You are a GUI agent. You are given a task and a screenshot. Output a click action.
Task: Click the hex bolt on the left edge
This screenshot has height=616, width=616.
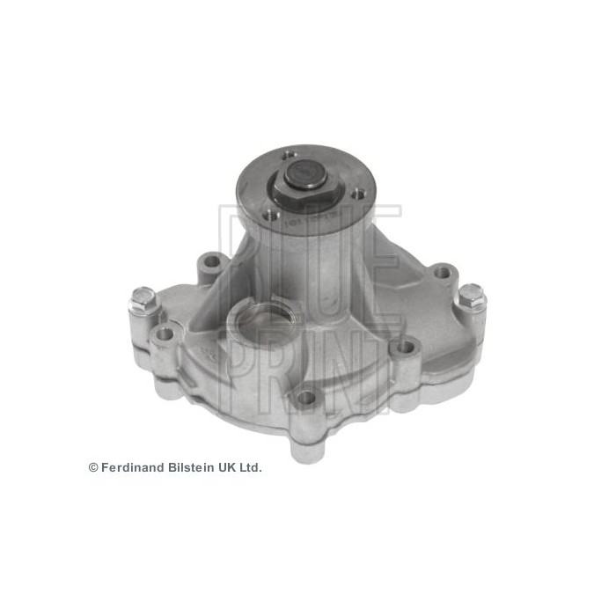coord(143,302)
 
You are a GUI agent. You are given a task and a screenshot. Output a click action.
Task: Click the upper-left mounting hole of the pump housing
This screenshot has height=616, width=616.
coord(210,260)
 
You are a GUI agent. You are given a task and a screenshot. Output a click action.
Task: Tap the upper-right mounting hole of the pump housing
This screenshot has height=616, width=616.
coord(441,271)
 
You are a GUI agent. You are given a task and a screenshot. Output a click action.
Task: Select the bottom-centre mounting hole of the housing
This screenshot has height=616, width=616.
coord(305,398)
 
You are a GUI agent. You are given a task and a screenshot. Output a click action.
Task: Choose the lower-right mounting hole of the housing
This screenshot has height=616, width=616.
coord(404,348)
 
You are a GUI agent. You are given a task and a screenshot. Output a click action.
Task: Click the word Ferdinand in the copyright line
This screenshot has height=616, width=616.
coord(131,467)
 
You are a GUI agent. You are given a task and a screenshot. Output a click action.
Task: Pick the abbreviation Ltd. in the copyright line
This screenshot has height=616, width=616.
coord(251,467)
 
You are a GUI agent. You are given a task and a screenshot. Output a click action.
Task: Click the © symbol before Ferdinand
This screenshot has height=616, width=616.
coord(93,467)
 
